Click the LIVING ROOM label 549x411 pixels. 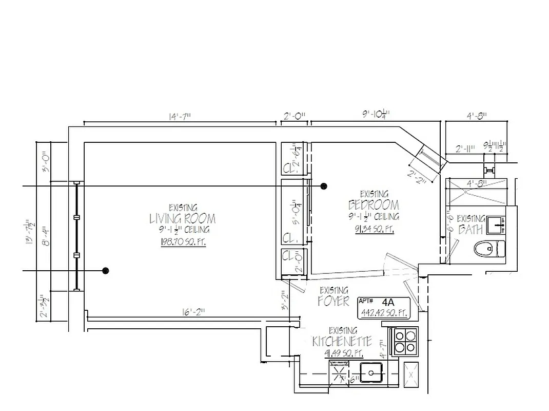pos(182,219)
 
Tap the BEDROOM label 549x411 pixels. pos(374,204)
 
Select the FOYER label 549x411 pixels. pos(334,301)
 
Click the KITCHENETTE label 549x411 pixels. pos(342,342)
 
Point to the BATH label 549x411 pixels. pos(470,230)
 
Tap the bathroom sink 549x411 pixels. pos(496,223)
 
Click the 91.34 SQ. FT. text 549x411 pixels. pos(374,230)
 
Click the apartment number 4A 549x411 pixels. pos(391,302)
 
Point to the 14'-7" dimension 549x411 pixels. pos(179,117)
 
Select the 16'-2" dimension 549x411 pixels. pos(193,312)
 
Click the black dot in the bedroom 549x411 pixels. pos(324,186)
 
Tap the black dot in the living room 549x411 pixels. pos(106,271)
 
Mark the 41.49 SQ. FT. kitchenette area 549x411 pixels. pos(344,353)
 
